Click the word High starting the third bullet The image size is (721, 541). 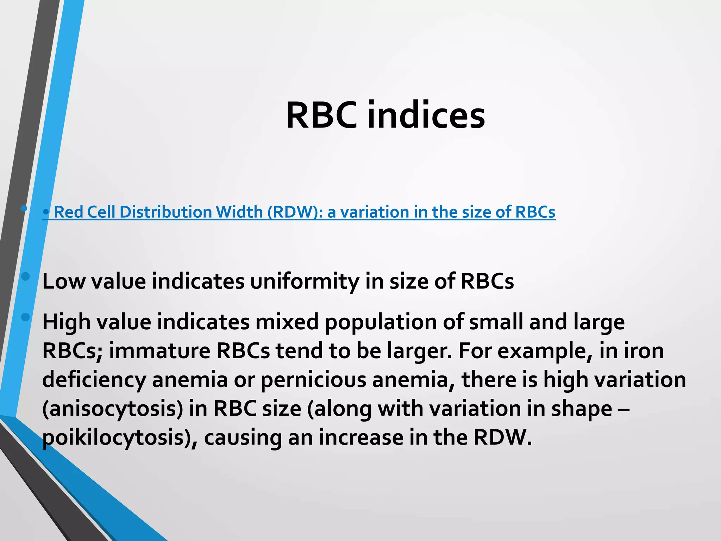point(67,322)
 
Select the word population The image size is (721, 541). point(381,322)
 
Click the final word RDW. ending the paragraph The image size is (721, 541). point(502,438)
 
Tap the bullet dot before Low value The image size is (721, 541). point(25,276)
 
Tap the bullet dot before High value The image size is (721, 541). point(25,317)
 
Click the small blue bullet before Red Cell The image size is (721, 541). point(46,212)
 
